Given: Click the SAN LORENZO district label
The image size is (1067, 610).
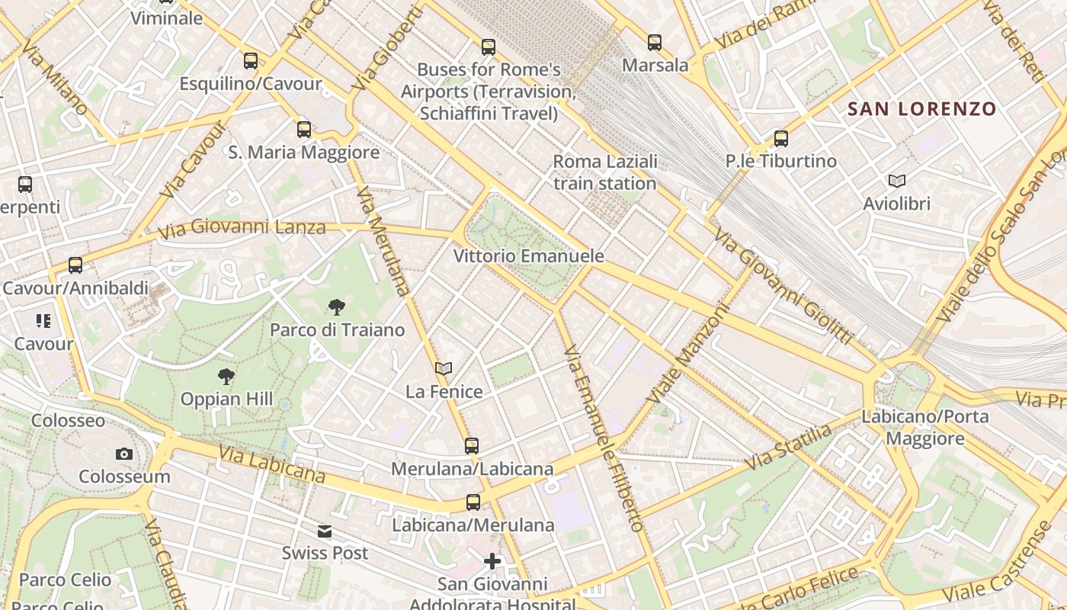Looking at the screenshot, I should [921, 109].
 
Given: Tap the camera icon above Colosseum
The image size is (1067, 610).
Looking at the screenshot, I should [124, 454].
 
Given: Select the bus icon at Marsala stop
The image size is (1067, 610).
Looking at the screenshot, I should [655, 43].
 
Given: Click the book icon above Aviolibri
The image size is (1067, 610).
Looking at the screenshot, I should [897, 181].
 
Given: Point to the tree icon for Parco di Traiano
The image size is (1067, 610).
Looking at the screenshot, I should [336, 307].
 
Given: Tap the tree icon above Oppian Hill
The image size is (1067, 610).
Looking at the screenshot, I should [226, 376].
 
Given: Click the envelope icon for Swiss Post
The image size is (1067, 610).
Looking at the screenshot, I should [325, 531].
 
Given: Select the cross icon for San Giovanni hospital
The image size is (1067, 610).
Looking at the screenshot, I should [492, 562].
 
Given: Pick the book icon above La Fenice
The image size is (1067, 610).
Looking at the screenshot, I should [444, 369].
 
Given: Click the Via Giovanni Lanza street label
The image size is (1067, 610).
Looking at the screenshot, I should [242, 227].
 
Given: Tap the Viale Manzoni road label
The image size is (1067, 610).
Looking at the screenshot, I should [688, 355].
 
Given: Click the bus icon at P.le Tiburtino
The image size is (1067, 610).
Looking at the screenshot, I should [781, 139].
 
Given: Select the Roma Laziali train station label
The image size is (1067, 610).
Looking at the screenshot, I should [604, 172].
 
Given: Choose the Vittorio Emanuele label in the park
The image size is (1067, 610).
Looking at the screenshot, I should [529, 256].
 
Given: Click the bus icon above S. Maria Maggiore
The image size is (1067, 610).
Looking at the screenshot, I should [304, 130].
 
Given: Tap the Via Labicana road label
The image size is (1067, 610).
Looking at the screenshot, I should [271, 464].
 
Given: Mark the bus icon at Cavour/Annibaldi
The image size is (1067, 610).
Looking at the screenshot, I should [75, 265].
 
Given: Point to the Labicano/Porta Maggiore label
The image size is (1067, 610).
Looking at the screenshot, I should [925, 428].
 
